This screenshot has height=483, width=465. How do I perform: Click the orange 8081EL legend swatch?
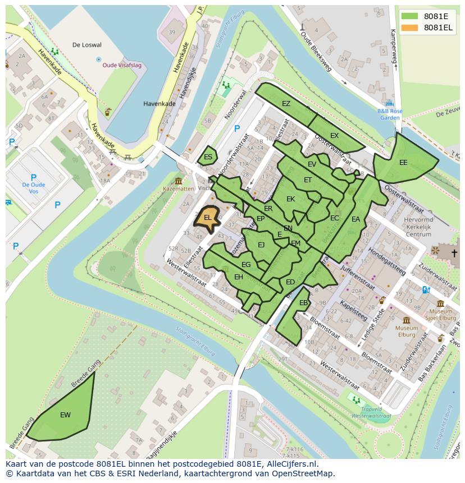coord(410,28)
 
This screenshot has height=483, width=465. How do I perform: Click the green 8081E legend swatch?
coord(410,16)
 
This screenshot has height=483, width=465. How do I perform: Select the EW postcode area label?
coord(65,415)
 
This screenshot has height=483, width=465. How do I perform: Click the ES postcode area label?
coord(208,157)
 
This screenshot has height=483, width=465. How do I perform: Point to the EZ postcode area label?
coord(286,104)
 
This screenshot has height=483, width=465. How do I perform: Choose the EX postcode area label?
coord(334,136)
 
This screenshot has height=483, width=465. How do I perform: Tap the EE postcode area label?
coord(403,163)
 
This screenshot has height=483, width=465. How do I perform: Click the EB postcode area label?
coord(303,303)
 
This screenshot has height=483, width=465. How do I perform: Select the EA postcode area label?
coord(355,219)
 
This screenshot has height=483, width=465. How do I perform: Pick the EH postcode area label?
coord(239,277)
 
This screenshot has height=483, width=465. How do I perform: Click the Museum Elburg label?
coord(406,332)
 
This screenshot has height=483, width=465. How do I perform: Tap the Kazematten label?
coord(178,189)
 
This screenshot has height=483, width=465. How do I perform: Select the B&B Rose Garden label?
coord(389,114)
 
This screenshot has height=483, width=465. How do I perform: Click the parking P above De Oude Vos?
coord(33,177)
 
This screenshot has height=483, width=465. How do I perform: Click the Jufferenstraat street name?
coord(357,277)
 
